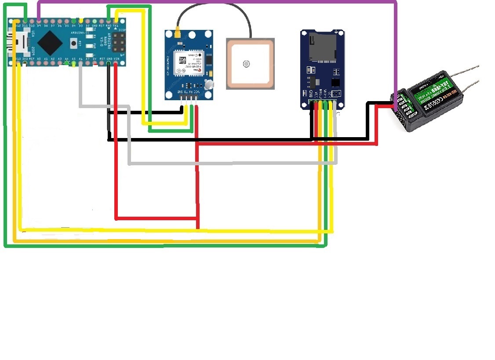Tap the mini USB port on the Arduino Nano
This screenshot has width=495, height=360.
click(x=18, y=42)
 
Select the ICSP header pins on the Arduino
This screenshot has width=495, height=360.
click(x=117, y=43)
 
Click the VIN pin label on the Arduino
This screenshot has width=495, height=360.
click(x=116, y=58)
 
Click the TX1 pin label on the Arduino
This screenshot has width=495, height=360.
click(x=116, y=26)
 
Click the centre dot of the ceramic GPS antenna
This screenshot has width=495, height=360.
click(x=246, y=64)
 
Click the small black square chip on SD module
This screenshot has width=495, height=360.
click(x=336, y=82)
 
